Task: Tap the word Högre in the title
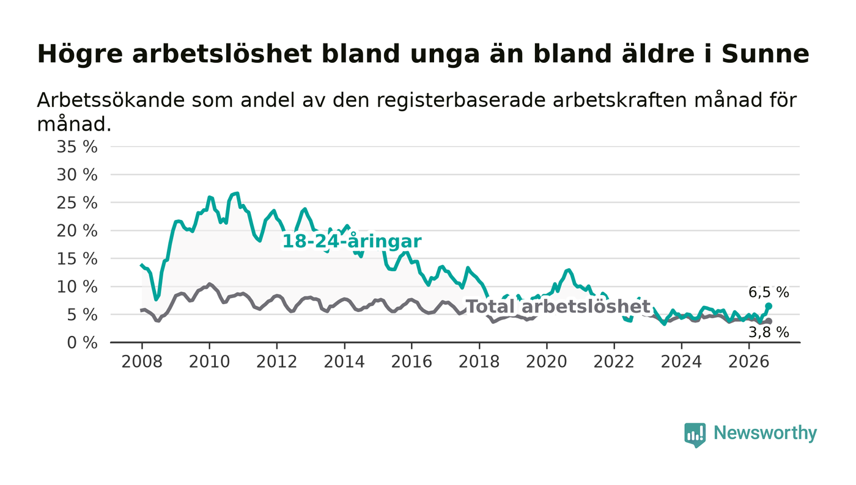coord(80,54)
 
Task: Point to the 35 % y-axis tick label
coord(77,147)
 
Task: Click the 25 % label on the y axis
coord(77,203)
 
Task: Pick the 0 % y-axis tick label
coord(82,343)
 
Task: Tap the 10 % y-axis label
coord(77,287)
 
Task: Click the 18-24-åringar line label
coord(352,241)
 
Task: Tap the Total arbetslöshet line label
coord(558,307)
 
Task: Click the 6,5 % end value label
coord(769,293)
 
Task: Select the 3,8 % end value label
coord(769,333)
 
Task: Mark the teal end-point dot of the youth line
coord(769,306)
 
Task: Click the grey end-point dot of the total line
coord(769,321)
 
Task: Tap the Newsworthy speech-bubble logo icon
coord(695,435)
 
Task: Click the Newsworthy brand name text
coord(765,433)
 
